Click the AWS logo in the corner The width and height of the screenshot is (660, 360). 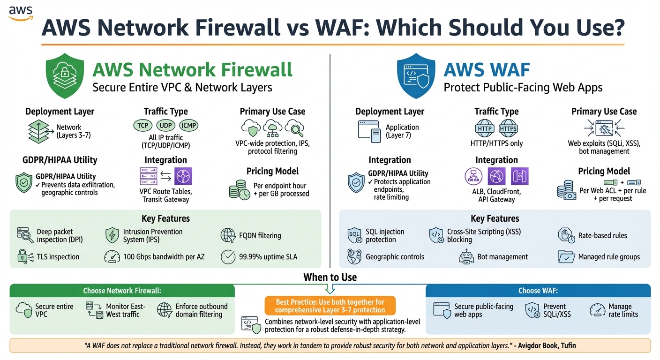coord(20,13)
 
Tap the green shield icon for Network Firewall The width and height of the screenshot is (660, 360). coord(64,75)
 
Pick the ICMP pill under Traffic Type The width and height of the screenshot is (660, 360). coord(188,126)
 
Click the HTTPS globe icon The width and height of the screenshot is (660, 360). coord(508,128)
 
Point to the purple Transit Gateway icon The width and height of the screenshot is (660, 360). coord(183,177)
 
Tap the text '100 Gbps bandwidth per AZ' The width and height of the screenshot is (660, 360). coord(164,257)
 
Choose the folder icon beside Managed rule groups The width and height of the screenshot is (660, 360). coord(566,257)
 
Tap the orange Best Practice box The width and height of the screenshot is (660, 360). coord(330,305)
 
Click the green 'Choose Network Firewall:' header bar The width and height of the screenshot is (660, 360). coord(122,291)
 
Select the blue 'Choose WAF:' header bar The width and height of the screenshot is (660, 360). coord(538,291)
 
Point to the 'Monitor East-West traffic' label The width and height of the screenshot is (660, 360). coord(126,310)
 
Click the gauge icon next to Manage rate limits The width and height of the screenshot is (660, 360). coord(597,310)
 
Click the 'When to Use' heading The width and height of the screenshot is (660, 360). coord(330,277)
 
